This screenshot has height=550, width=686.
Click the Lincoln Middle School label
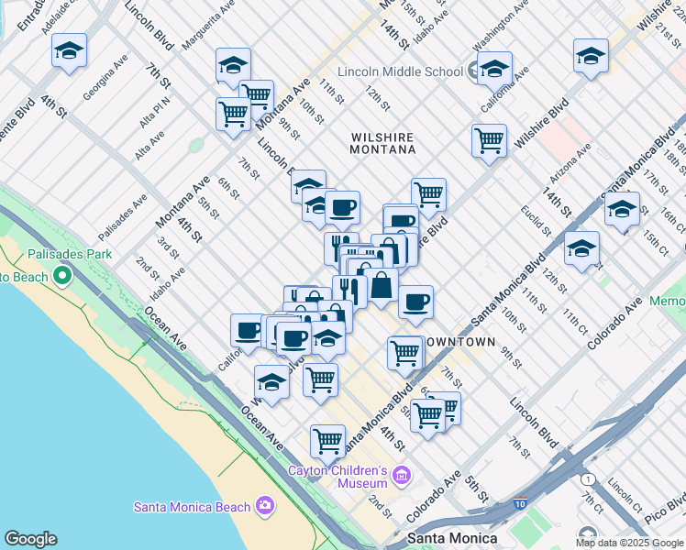pos(400,71)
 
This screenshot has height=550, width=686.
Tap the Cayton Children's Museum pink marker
pos(401,475)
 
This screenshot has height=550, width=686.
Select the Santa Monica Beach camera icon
pos(265,505)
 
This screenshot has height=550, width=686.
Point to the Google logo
pos(30,539)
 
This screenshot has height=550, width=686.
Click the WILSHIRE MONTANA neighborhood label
pos(383,143)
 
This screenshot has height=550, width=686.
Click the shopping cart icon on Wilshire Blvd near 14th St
pos(489,141)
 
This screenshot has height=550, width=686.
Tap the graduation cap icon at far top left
pos(69,51)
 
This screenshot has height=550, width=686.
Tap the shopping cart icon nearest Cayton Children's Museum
pos(327,441)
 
